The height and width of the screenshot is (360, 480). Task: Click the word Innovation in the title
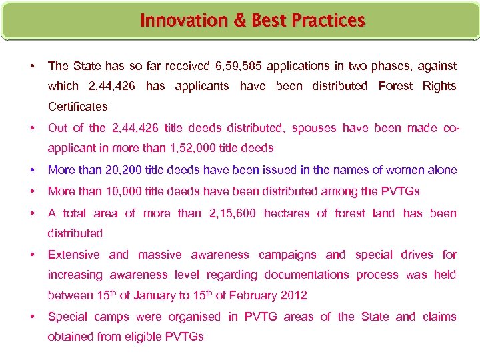[174, 21]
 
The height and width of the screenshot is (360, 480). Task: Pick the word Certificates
[77, 106]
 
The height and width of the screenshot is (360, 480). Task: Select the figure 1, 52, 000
[194, 148]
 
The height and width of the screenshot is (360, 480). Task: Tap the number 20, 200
[125, 170]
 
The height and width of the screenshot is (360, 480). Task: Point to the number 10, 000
[125, 191]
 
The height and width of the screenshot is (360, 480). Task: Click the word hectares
[288, 213]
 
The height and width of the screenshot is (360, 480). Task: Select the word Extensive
[73, 255]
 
